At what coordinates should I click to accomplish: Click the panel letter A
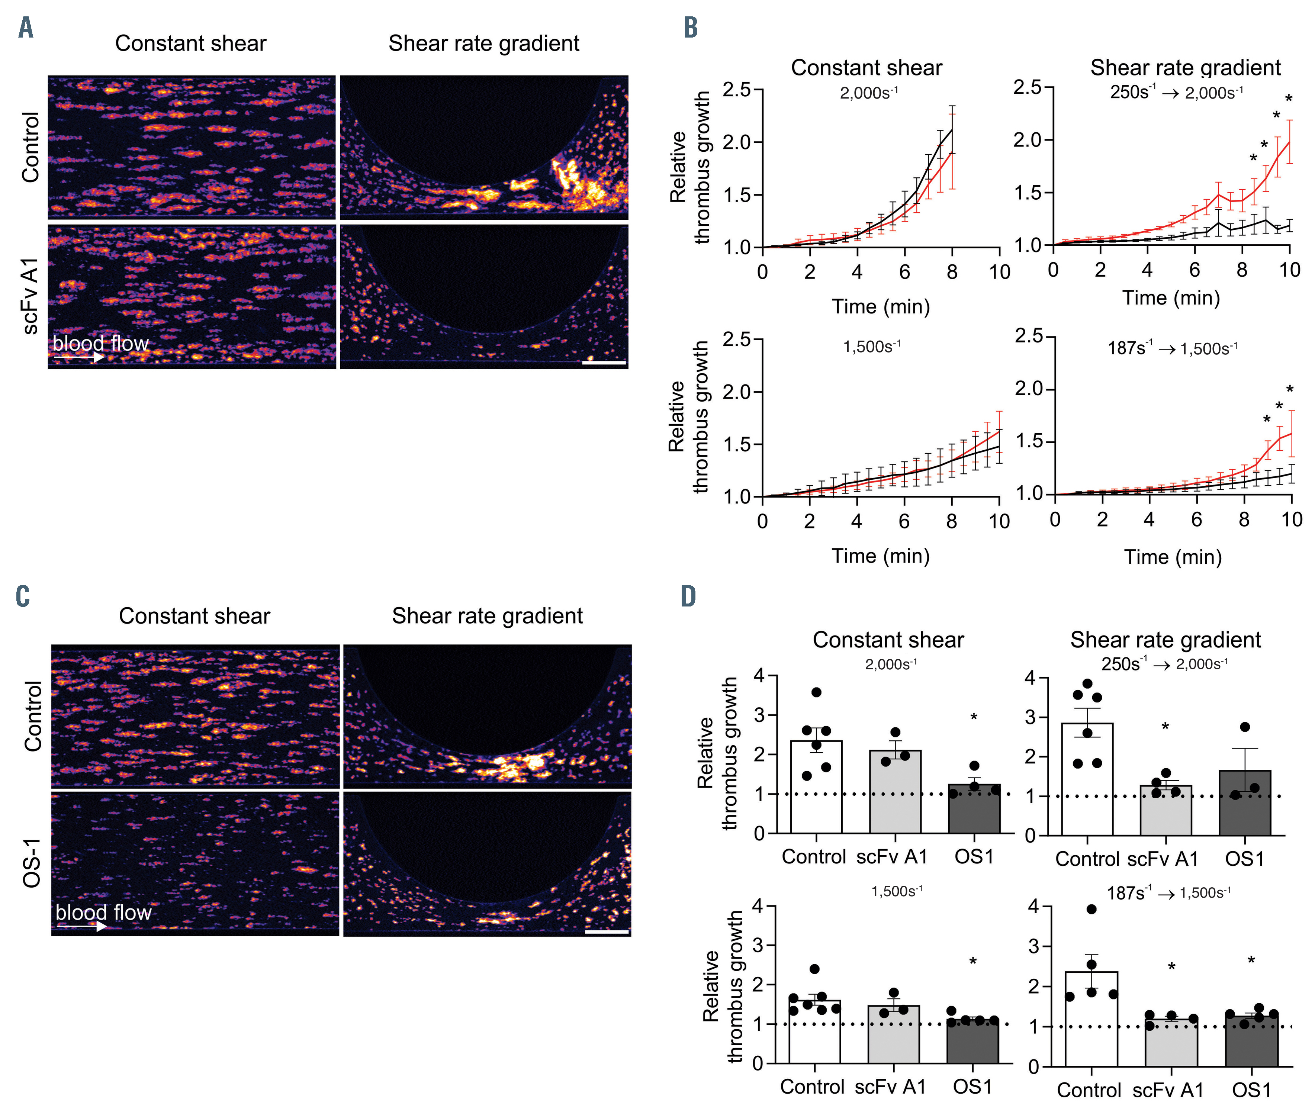click(x=26, y=27)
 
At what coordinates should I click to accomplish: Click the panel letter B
click(x=691, y=27)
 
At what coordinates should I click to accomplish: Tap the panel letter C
click(x=23, y=596)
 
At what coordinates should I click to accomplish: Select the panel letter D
click(x=689, y=596)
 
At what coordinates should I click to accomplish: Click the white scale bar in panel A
click(x=604, y=362)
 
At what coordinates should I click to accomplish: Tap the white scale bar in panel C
click(x=606, y=932)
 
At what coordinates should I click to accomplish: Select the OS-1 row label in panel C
click(x=31, y=863)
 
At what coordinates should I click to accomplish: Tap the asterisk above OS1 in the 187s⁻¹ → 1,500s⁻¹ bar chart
click(x=1251, y=960)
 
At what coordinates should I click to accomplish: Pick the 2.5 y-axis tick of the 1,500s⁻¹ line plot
click(x=737, y=339)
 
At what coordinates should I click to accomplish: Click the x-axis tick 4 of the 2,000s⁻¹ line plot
click(x=857, y=272)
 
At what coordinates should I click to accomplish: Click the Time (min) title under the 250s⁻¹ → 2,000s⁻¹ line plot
click(x=1171, y=297)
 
